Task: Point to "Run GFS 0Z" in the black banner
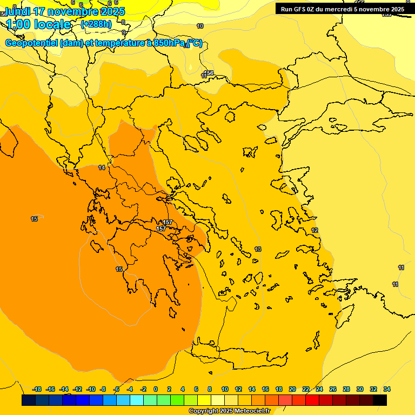[x=299, y=9]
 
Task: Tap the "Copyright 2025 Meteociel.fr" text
[x=229, y=411]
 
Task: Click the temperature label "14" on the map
[x=102, y=168]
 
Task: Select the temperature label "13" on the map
[x=258, y=249]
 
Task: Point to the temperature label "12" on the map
[x=314, y=231]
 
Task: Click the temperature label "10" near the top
[x=200, y=26]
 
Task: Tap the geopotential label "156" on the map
[x=209, y=73]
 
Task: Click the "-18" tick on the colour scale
[x=37, y=389]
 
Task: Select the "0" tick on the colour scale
[x=156, y=389]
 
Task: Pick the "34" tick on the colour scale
[x=387, y=389]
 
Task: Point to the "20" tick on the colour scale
[x=292, y=389]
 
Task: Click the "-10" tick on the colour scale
[x=91, y=389]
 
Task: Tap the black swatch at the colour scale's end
[x=380, y=400]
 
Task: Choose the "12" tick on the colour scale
[x=238, y=389]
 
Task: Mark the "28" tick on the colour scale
[x=346, y=389]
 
